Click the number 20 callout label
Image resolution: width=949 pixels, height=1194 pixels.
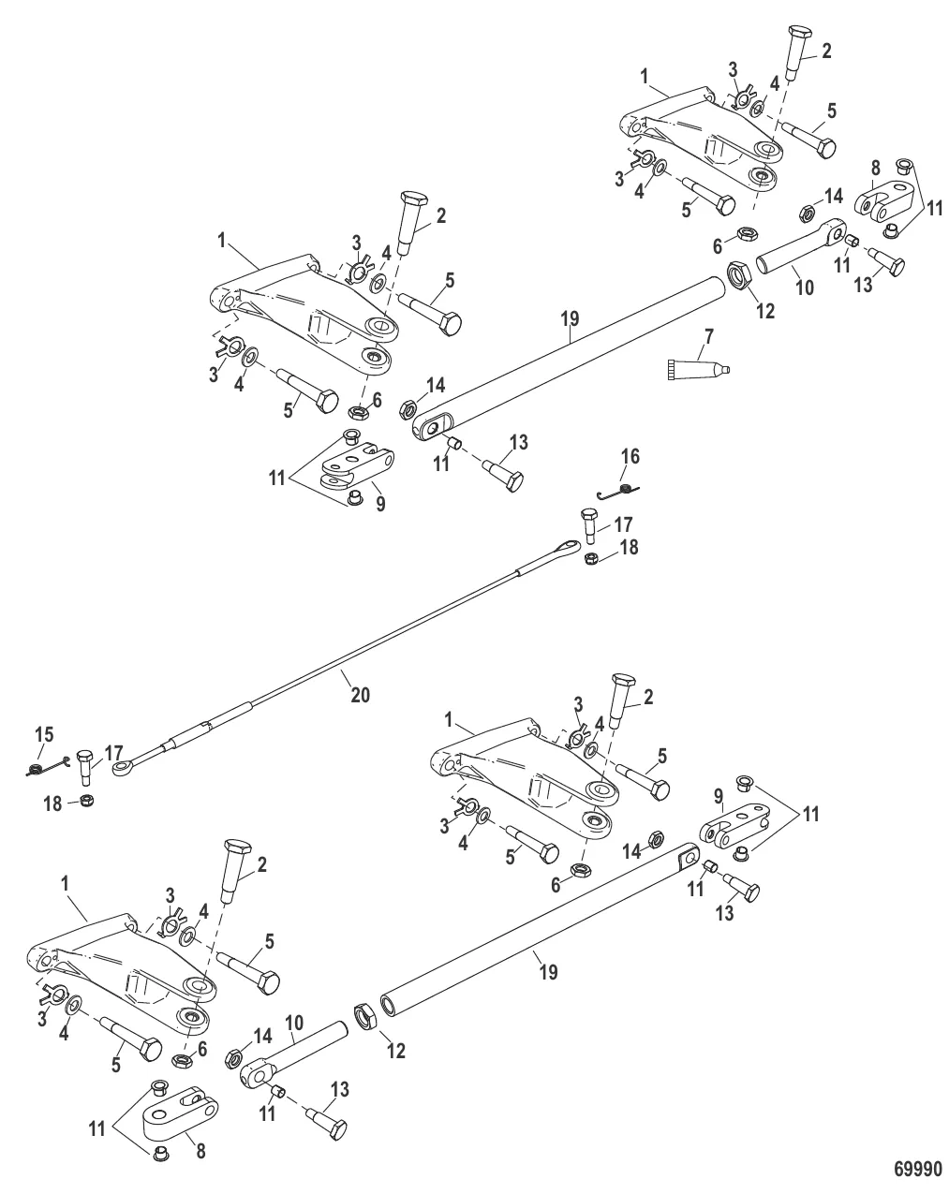[361, 695]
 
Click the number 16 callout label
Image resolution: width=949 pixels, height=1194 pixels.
[630, 456]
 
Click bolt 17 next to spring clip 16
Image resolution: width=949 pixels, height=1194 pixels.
[588, 526]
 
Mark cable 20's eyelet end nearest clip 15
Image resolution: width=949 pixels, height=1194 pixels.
[122, 768]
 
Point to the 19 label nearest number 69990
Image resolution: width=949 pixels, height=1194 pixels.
[548, 972]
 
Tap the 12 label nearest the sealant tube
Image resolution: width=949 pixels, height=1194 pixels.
[765, 311]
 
